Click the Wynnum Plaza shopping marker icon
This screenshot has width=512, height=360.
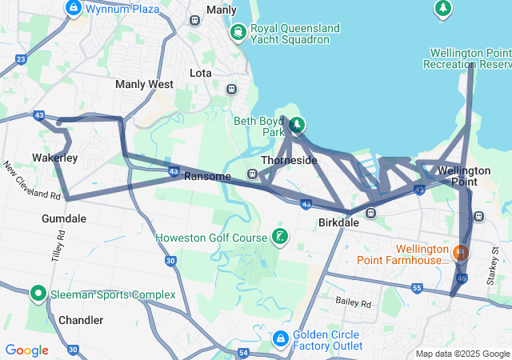click(x=74, y=8)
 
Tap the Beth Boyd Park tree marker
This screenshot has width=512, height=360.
click(x=297, y=124)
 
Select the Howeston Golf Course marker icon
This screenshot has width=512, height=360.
click(x=279, y=236)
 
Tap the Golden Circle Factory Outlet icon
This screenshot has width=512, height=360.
click(x=280, y=339)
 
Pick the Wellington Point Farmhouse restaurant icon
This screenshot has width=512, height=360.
click(x=460, y=252)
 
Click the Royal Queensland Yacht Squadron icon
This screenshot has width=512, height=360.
click(x=237, y=32)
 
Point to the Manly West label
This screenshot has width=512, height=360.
click(x=144, y=84)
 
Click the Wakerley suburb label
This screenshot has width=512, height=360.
click(x=54, y=158)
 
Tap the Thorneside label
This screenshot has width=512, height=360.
click(x=289, y=160)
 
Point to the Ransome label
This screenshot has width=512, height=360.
click(x=208, y=176)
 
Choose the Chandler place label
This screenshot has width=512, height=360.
click(x=81, y=320)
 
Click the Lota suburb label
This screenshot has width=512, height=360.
click(x=201, y=73)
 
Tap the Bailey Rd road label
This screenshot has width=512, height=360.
click(x=354, y=303)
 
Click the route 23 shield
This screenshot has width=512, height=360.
click(x=20, y=59)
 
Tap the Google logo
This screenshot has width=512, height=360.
click(x=26, y=350)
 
